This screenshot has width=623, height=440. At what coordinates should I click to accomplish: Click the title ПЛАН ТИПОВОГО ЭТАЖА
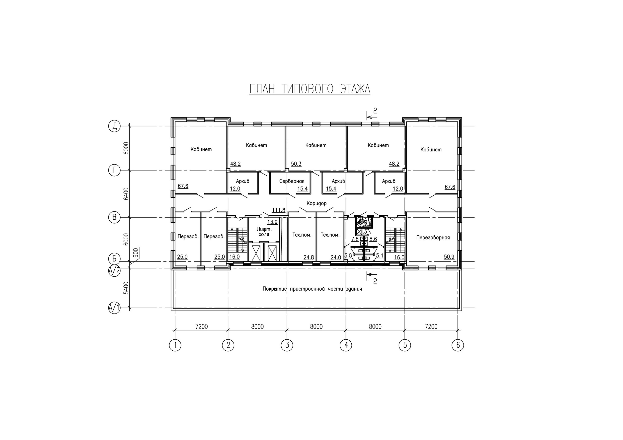(310, 89)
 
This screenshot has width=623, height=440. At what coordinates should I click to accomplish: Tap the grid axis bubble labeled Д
(114, 126)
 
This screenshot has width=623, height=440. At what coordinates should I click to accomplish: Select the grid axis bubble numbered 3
(287, 345)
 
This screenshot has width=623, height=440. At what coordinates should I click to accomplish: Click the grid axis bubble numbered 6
(458, 345)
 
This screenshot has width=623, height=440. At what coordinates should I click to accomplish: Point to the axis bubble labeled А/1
(114, 308)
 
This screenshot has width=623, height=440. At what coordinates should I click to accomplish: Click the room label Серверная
(292, 181)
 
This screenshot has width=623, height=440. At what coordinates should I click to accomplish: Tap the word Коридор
(316, 203)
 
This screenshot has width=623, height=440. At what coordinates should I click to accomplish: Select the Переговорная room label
(433, 238)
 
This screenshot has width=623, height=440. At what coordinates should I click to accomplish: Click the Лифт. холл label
(264, 232)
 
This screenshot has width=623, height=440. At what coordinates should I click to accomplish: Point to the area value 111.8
(279, 210)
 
